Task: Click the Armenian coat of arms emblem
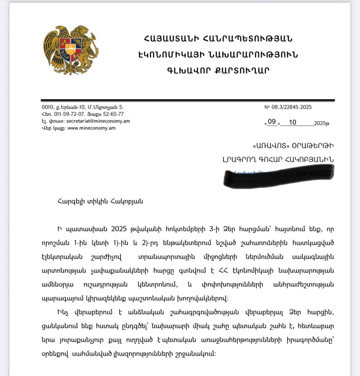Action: [70, 50]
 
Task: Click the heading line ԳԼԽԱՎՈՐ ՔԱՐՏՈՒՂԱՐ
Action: [218, 70]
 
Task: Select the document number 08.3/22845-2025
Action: [291, 107]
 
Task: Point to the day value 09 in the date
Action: [272, 123]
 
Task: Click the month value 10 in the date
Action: [292, 123]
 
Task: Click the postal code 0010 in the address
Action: [47, 107]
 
